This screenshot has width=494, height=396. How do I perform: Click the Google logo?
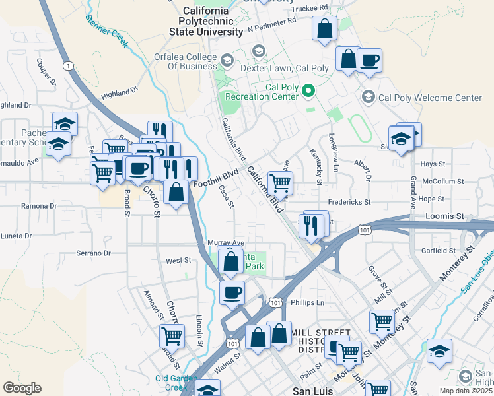pos(22,388)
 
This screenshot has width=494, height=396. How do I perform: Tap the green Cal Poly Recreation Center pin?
pos(308,90)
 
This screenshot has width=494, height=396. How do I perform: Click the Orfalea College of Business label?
pos(187,61)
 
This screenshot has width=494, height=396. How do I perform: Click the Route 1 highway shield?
pos(68,65)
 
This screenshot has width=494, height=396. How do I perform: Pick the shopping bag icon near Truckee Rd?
pos(324,29)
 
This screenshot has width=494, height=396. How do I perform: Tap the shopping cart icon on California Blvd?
pos(280,182)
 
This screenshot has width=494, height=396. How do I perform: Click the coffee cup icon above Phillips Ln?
pos(232,292)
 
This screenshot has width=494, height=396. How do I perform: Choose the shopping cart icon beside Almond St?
pos(172,335)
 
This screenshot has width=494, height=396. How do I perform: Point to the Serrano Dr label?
pos(92,253)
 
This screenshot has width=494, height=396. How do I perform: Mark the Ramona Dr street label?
pos(40,206)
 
